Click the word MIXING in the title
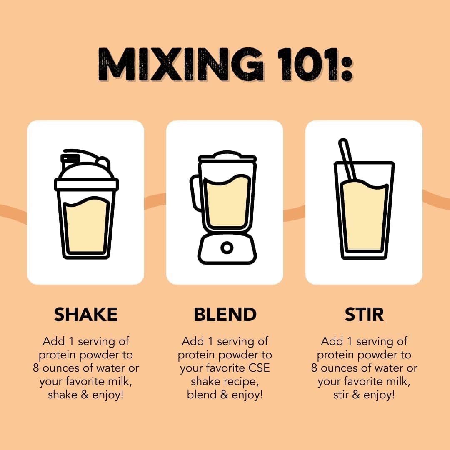[x=180, y=64]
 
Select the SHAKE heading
[x=86, y=314]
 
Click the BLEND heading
[x=225, y=314]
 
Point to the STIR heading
[x=364, y=314]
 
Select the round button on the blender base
[x=227, y=247]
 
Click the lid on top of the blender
[x=227, y=156]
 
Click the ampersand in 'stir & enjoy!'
[x=356, y=395]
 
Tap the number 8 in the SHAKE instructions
[x=36, y=368]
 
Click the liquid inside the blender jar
[x=227, y=201]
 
